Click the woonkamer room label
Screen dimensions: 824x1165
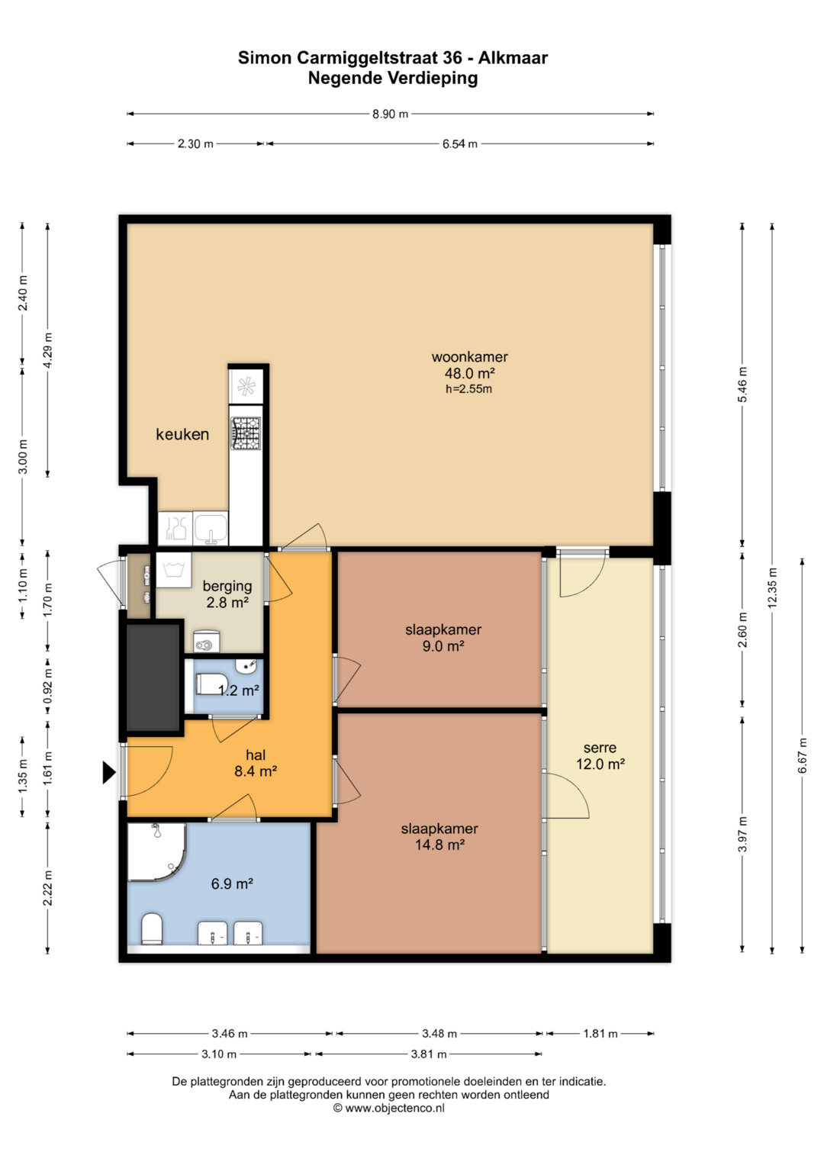[x=469, y=357]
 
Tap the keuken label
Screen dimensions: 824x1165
[x=182, y=434]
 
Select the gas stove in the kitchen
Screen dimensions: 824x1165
[x=246, y=433]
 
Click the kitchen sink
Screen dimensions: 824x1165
[x=210, y=528]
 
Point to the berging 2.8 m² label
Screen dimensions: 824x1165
[x=227, y=594]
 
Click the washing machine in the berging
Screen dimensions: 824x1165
[x=174, y=570]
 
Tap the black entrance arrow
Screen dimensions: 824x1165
[x=108, y=772]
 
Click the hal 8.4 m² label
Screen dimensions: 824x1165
[x=256, y=763]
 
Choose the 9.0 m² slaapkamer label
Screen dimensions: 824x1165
[x=443, y=638]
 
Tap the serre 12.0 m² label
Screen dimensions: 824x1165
[x=600, y=756]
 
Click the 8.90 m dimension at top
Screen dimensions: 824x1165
[x=390, y=114]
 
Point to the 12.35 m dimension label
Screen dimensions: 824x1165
[x=772, y=587]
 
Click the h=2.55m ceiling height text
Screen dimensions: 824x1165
[x=468, y=389]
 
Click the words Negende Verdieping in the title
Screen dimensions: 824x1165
[x=393, y=78]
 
